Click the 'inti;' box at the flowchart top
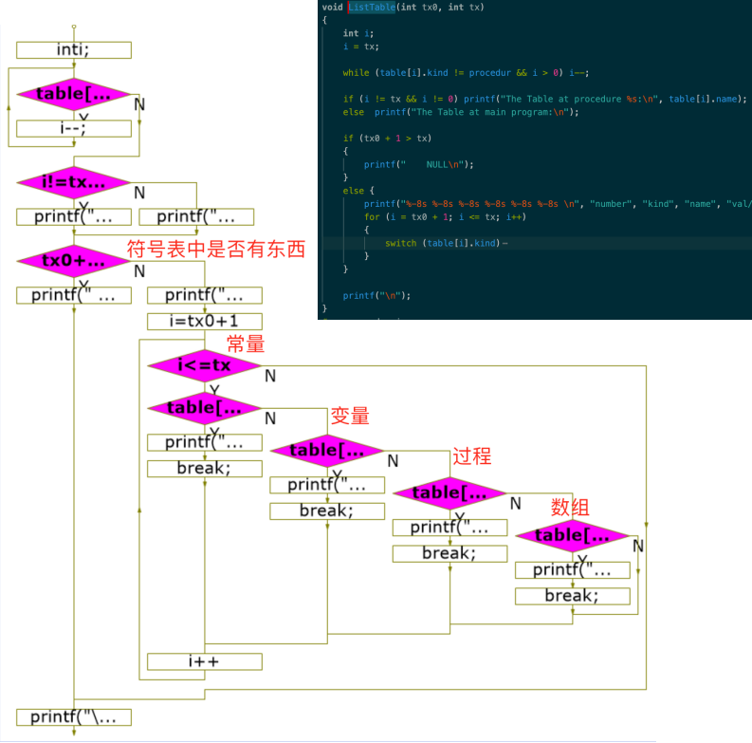pyautogui.click(x=74, y=50)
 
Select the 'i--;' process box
pyautogui.click(x=74, y=129)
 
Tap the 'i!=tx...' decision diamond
pyautogui.click(x=74, y=182)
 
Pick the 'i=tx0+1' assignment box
pyautogui.click(x=204, y=321)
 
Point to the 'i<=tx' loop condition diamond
pyautogui.click(x=204, y=365)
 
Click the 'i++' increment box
pyautogui.click(x=204, y=661)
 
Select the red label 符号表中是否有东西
pyautogui.click(x=217, y=249)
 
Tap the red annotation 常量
pyautogui.click(x=245, y=344)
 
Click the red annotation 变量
pyautogui.click(x=349, y=416)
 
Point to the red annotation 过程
pyautogui.click(x=472, y=456)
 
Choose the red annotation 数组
pyautogui.click(x=570, y=507)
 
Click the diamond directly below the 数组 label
pyautogui.click(x=572, y=536)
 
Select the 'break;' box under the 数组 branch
pyautogui.click(x=572, y=596)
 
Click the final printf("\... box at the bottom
pyautogui.click(x=74, y=716)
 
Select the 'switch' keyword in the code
pyautogui.click(x=400, y=244)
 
